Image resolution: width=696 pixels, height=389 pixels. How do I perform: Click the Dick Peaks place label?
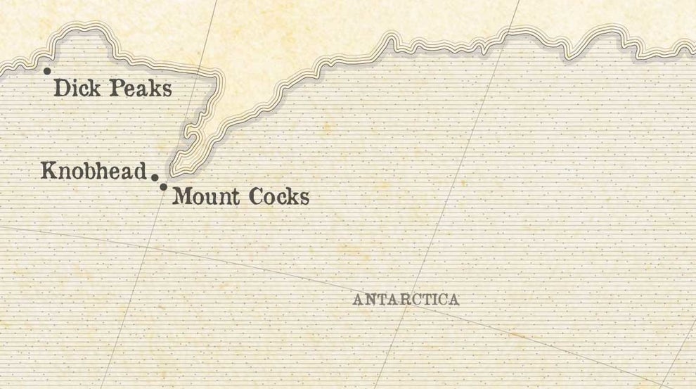coord(112,89)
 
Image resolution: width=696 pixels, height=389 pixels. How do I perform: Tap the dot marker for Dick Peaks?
coord(47,71)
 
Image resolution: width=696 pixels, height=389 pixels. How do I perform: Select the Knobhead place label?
coord(94,171)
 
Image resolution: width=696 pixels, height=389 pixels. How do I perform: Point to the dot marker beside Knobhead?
coord(155,178)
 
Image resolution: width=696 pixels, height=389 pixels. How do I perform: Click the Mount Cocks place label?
coord(240,196)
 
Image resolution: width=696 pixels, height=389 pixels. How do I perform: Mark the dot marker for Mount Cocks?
coord(164,187)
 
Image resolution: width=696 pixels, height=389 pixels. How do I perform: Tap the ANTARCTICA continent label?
coord(406,300)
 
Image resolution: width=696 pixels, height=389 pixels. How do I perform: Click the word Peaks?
coord(143,89)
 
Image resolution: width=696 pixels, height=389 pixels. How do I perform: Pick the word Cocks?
coord(278,196)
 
